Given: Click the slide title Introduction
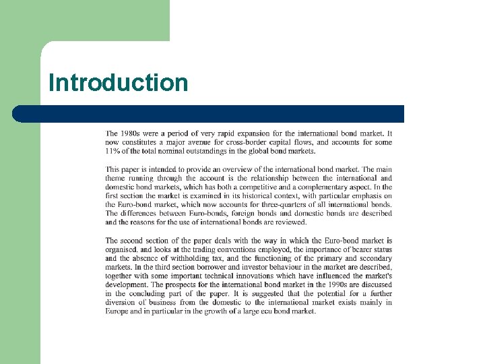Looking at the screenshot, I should (119, 83).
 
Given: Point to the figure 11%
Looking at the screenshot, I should (114, 151).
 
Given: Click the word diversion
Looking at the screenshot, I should (121, 302).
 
